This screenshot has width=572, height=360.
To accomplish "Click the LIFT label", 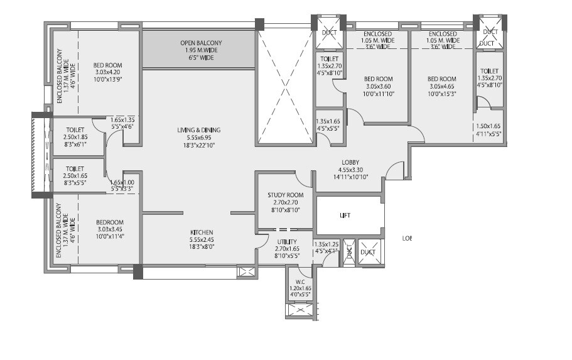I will pyautogui.click(x=345, y=215).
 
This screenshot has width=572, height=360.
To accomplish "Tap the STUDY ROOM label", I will pyautogui.click(x=286, y=195).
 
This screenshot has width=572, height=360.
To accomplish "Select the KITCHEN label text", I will pyautogui.click(x=202, y=232).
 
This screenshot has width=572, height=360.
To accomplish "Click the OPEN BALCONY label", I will pyautogui.click(x=201, y=43).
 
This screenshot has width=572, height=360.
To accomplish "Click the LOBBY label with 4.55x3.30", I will pyautogui.click(x=350, y=161).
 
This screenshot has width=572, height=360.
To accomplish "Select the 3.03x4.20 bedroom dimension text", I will pyautogui.click(x=107, y=72).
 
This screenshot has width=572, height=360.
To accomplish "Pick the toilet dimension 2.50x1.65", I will pyautogui.click(x=75, y=177).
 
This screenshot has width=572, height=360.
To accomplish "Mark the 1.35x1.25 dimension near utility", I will pyautogui.click(x=326, y=244).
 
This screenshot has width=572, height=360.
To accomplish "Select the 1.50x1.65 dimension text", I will pyautogui.click(x=489, y=126).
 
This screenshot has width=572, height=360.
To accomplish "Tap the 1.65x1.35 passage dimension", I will pyautogui.click(x=123, y=119).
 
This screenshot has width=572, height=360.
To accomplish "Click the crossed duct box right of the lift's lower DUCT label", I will pyautogui.click(x=368, y=252).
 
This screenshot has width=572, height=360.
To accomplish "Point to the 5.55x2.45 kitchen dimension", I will pyautogui.click(x=202, y=239).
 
